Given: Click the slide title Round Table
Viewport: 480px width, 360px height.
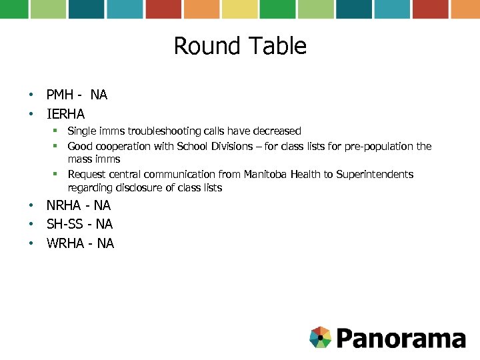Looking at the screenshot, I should click(x=240, y=46).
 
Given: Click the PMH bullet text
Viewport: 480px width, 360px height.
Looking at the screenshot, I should click(x=77, y=95).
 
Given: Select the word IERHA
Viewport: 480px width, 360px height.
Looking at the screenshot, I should click(x=65, y=114).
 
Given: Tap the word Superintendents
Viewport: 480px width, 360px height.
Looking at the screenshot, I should click(x=375, y=174).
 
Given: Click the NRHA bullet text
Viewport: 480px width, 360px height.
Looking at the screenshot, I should click(x=79, y=205).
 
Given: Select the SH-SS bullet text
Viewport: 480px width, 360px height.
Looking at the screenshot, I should click(x=79, y=224).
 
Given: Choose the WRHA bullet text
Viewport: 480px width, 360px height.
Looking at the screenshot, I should click(x=80, y=243).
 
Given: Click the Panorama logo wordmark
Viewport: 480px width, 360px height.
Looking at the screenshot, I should click(x=400, y=338).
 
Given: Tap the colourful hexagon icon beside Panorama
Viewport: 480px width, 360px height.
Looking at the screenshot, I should click(x=321, y=337).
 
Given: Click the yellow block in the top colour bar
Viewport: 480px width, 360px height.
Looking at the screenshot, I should click(x=239, y=9).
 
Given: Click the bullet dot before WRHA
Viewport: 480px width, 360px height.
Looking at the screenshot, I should click(x=31, y=243).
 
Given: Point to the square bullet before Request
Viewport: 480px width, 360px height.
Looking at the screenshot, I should click(x=58, y=174).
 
